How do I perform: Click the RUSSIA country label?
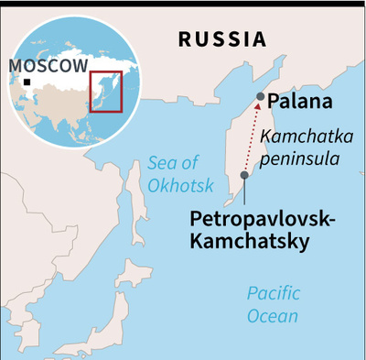222,39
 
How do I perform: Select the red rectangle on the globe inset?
105,90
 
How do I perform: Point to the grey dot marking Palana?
261,96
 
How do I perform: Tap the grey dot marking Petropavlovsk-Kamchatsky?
244,175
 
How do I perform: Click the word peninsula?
297,158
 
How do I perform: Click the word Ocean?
273,316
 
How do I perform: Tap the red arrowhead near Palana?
258,107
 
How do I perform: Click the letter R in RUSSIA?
185,39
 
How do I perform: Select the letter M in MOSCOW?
16,66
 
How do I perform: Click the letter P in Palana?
274,102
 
